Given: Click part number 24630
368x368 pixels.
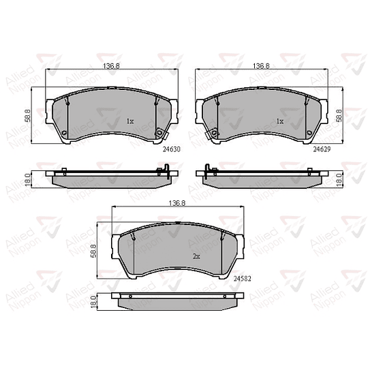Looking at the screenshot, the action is (x=172, y=149).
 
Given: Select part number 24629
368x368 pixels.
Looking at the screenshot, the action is (x=322, y=149).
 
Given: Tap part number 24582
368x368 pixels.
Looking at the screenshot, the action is (x=243, y=279).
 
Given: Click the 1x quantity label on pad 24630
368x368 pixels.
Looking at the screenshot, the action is (x=130, y=121).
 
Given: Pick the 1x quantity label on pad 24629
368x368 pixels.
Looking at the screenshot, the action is (x=280, y=121).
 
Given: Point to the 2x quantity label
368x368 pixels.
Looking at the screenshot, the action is (x=196, y=256).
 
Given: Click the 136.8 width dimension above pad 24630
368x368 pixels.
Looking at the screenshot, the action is (x=111, y=66).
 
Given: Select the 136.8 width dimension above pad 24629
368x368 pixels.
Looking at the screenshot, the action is (x=261, y=66).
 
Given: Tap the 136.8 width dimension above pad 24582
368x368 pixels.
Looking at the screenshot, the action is (x=177, y=203).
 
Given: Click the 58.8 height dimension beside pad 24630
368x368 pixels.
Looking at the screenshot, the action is (x=28, y=115).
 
